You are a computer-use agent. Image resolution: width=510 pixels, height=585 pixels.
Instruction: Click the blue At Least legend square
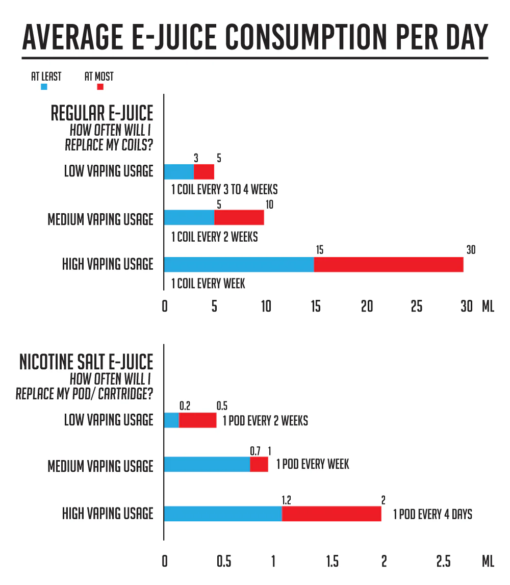click(44, 87)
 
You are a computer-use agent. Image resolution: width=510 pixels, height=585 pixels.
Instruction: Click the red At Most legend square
click(100, 87)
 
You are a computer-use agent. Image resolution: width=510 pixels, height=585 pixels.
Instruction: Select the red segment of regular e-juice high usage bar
click(388, 265)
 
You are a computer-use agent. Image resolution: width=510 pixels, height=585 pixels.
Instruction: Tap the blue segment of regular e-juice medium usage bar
click(189, 218)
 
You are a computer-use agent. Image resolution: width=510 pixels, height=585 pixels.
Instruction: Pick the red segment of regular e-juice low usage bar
click(204, 171)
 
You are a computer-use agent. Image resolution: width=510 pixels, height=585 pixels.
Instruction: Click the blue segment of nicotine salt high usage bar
click(222, 514)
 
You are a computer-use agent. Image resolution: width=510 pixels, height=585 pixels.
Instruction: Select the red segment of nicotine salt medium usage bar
click(259, 465)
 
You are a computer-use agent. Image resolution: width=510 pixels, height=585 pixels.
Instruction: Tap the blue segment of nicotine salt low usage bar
click(171, 420)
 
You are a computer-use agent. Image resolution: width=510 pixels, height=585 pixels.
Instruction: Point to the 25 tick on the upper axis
click(417, 307)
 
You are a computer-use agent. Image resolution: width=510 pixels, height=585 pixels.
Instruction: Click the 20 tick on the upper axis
click(367, 307)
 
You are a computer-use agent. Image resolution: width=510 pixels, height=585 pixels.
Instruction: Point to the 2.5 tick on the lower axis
click(443, 562)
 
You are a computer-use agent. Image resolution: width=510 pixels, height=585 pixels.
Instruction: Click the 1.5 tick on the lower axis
click(332, 562)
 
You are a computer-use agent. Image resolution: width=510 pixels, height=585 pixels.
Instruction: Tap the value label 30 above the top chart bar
click(470, 250)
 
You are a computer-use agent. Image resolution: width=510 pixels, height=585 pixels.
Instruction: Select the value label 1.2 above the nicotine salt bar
click(286, 499)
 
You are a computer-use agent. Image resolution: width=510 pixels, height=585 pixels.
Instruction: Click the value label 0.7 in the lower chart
click(255, 451)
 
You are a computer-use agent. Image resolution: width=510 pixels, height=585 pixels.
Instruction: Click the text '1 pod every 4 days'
click(432, 514)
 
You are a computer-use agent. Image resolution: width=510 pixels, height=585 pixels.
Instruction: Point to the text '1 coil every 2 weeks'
click(214, 237)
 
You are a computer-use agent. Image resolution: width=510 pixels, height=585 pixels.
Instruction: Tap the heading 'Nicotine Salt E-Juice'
click(86, 362)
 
